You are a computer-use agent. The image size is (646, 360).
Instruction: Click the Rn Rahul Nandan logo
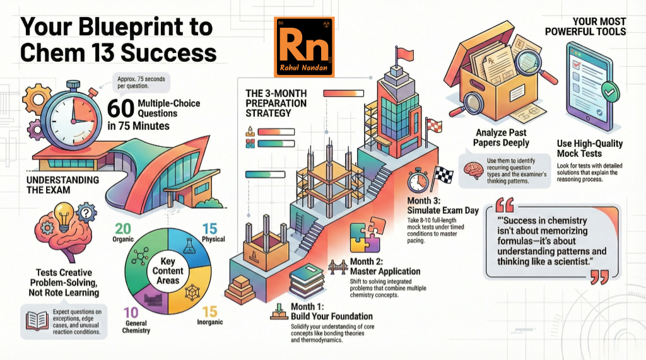(x=305, y=47)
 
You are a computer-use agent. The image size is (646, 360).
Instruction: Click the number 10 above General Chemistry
(x=132, y=312)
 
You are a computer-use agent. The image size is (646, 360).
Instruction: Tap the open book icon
(x=35, y=322)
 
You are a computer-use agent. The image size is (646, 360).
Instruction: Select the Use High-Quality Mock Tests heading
(x=590, y=148)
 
